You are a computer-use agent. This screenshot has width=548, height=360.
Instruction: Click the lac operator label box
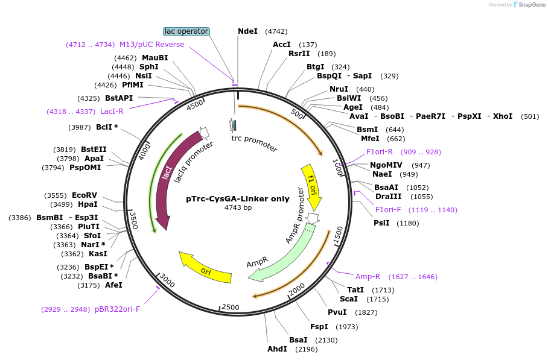click(x=186, y=31)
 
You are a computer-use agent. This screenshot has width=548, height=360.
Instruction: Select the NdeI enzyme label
click(x=247, y=31)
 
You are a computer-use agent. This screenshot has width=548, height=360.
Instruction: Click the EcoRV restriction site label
click(x=84, y=195)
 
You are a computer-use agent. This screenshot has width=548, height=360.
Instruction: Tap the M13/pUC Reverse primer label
click(x=151, y=45)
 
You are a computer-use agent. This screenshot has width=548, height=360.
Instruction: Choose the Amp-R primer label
click(x=368, y=277)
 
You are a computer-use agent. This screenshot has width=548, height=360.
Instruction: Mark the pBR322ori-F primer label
click(x=117, y=309)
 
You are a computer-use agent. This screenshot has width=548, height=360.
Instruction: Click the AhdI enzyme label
click(x=278, y=349)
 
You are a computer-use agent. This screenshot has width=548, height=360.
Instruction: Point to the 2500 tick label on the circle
click(x=231, y=308)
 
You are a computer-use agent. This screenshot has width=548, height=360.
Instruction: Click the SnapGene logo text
click(x=530, y=5)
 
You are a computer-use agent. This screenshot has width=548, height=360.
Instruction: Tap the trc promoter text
click(x=254, y=143)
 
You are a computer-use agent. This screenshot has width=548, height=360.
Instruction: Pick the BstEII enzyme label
click(x=94, y=150)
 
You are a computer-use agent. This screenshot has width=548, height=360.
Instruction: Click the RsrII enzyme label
click(x=299, y=54)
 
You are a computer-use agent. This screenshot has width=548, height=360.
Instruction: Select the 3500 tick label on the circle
click(x=135, y=220)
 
